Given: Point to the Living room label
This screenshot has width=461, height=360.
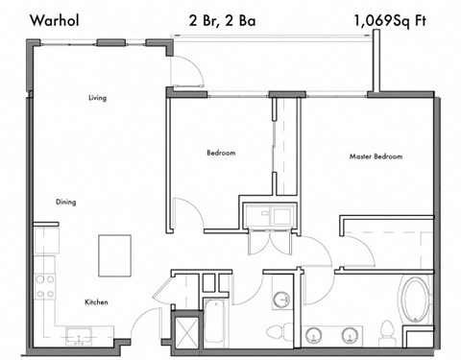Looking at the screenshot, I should [96, 98].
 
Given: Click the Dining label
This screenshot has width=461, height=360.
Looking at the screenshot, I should [65, 202].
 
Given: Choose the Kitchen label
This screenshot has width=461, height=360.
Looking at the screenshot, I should [96, 302].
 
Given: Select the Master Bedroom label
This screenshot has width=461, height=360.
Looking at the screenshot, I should [376, 156].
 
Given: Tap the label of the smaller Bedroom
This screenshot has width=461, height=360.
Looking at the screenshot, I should [221, 153].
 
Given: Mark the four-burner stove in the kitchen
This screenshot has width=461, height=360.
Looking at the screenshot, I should [45, 285].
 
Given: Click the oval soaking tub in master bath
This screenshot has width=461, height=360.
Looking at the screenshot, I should [417, 300].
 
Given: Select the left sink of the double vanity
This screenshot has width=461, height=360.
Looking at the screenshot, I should [314, 336].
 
